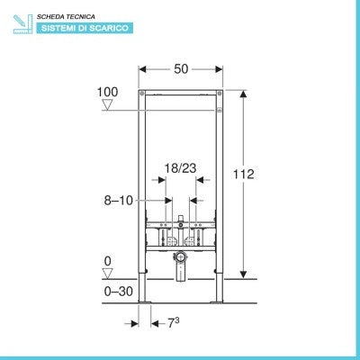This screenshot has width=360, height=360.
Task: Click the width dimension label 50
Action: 181,69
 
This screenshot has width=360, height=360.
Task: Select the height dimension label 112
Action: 244,174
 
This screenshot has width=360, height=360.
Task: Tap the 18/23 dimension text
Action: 180,168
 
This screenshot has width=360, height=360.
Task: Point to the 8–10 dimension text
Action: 118,201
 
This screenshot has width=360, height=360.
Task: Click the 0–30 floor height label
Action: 118,292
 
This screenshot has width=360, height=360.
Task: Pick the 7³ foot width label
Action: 173,323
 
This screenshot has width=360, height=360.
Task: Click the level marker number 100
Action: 107,92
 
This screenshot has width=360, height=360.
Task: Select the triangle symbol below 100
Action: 107,104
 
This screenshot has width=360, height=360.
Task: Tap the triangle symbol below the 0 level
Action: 107,274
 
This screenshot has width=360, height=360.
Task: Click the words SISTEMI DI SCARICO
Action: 85,28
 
